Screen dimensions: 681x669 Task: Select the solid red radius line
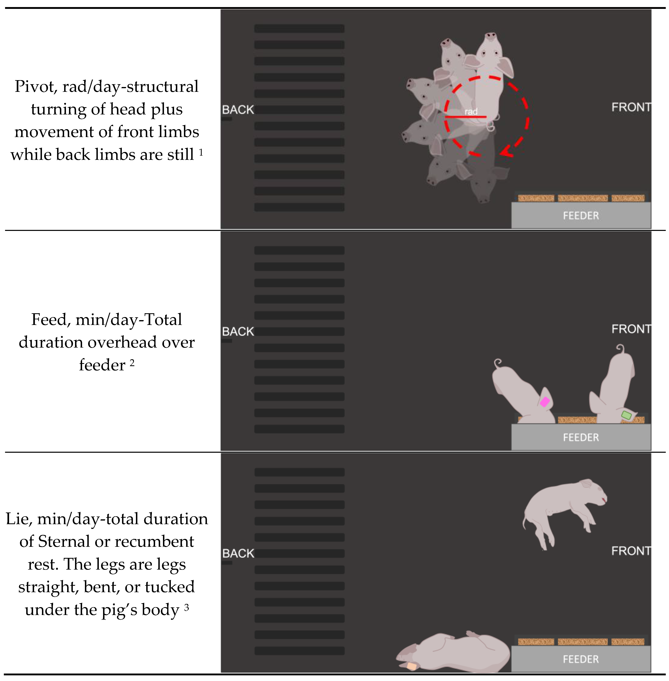pyautogui.click(x=465, y=117)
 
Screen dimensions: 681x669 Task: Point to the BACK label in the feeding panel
pyautogui.click(x=238, y=332)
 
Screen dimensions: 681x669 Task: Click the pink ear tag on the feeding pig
pyautogui.click(x=545, y=401)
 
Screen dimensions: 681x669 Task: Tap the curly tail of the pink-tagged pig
pyautogui.click(x=498, y=363)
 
